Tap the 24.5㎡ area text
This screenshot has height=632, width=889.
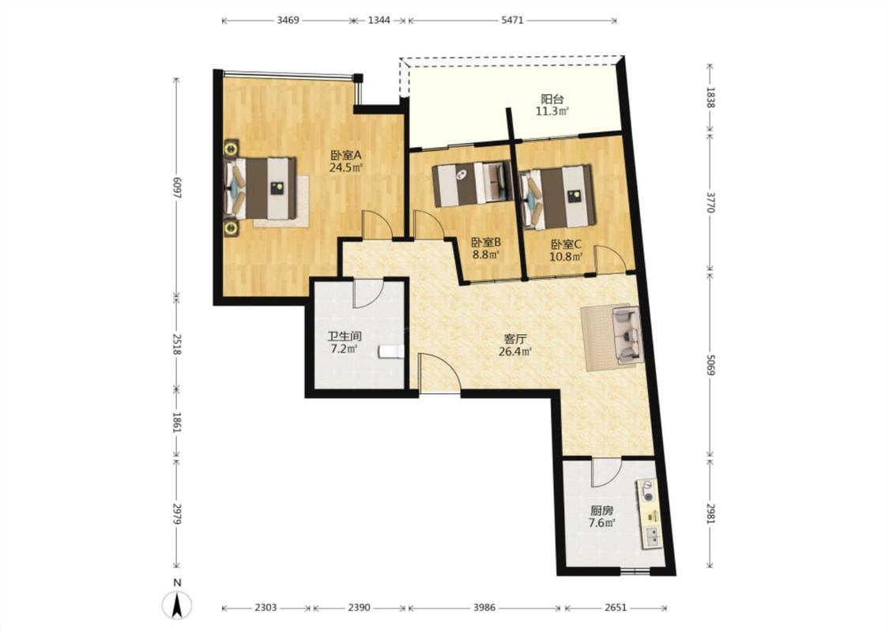(x=346, y=167)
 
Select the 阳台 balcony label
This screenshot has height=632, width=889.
(x=552, y=100)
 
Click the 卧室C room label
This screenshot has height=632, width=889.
(x=567, y=244)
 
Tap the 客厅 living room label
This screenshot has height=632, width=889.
(x=515, y=339)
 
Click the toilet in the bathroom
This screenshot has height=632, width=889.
(x=390, y=352)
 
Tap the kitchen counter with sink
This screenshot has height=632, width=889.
(x=651, y=514)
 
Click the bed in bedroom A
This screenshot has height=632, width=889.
(x=262, y=188)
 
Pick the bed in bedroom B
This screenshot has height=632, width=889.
(x=472, y=184)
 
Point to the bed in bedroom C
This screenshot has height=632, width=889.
(x=557, y=197)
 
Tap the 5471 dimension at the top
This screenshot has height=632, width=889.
(x=512, y=21)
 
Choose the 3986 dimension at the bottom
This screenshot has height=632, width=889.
(x=484, y=608)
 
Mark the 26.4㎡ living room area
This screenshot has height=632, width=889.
(x=515, y=352)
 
